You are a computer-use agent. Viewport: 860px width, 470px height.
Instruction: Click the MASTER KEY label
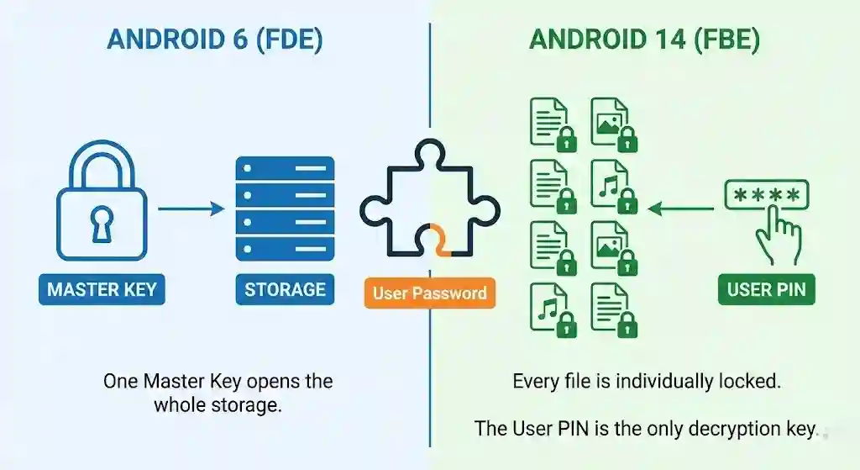click(x=101, y=290)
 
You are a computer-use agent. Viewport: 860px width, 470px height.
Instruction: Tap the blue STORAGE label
click(x=285, y=290)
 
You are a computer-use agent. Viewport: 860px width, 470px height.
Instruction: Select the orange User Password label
click(x=429, y=293)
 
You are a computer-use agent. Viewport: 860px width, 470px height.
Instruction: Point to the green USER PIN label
click(x=766, y=290)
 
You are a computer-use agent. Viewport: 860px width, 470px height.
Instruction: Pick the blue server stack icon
click(x=285, y=208)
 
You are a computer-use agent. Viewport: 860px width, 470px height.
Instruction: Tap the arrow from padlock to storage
click(x=191, y=208)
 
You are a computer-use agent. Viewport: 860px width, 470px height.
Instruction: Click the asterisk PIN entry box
click(x=766, y=195)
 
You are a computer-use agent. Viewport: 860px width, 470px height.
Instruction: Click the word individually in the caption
click(x=661, y=381)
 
